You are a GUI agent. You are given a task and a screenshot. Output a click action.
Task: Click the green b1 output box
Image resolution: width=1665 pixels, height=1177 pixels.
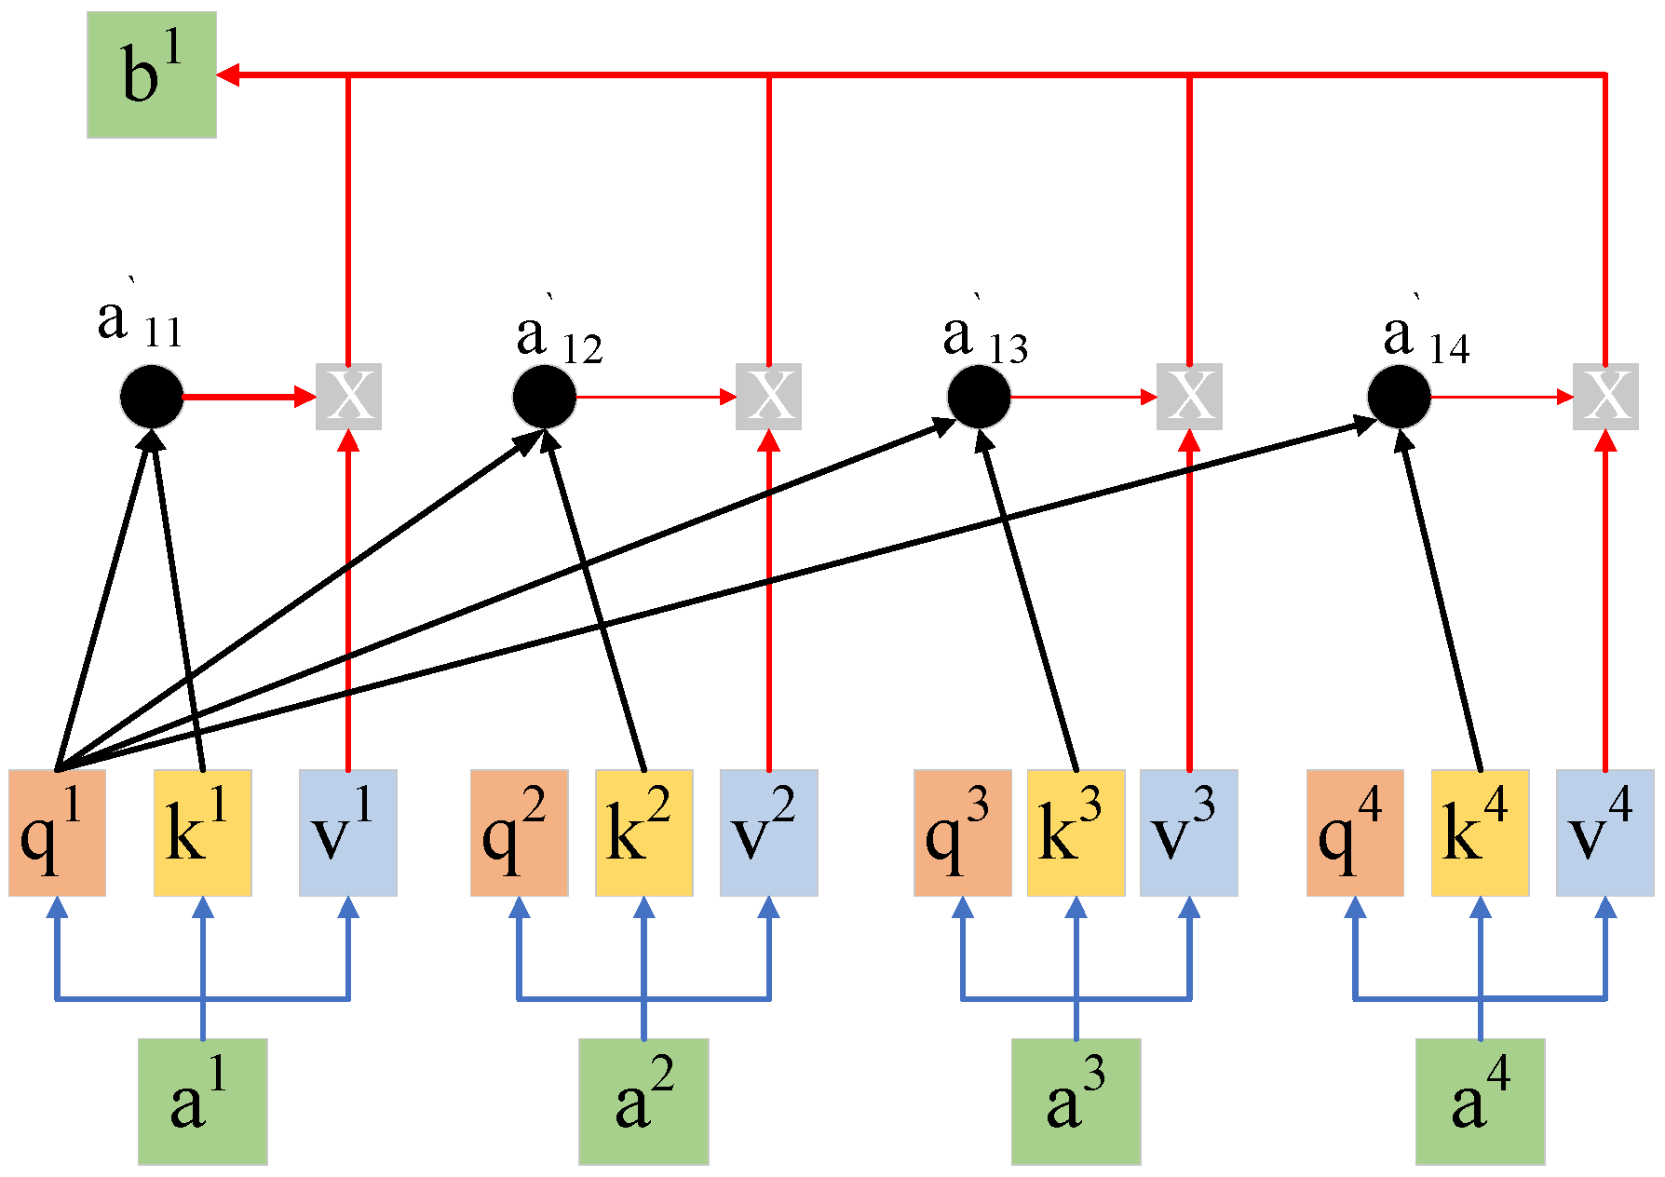tap(152, 75)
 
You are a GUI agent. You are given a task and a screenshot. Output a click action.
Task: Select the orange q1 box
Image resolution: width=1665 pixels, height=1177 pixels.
tap(57, 832)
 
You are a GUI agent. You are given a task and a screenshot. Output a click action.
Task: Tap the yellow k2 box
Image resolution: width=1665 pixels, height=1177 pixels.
tap(643, 832)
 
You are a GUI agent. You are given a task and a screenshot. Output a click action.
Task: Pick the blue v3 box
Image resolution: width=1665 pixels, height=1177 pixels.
tap(1188, 832)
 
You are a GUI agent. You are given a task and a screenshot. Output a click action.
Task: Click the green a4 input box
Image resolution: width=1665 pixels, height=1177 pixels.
tap(1480, 1102)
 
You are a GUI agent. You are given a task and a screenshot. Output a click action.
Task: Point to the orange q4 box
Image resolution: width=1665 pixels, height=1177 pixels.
tap(1355, 832)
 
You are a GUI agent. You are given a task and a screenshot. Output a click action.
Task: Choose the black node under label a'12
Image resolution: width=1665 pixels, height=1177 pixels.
tap(545, 397)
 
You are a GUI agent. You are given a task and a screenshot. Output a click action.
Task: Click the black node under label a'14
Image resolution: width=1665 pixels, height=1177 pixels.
tap(1399, 397)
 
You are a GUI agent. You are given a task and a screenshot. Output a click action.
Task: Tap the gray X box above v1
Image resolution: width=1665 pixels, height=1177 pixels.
tap(348, 396)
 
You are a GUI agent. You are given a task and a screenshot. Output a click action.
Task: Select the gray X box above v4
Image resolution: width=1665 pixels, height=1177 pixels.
tap(1605, 396)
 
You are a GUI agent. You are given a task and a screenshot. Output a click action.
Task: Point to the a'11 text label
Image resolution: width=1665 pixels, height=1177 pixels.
tap(140, 321)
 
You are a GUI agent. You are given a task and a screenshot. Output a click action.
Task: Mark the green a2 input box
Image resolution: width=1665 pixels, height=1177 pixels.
tap(643, 1102)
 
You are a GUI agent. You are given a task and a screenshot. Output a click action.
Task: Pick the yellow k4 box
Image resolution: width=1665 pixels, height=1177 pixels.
tap(1480, 832)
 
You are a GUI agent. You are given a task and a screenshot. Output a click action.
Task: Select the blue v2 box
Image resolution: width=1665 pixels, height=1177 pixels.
tap(768, 832)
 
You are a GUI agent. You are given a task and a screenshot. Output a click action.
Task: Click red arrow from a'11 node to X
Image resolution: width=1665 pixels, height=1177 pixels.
tap(247, 397)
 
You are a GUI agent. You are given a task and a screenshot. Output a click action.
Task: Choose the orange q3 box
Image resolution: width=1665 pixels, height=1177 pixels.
tap(962, 832)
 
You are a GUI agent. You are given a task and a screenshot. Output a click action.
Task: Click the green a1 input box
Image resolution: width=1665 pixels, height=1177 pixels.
tap(203, 1102)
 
